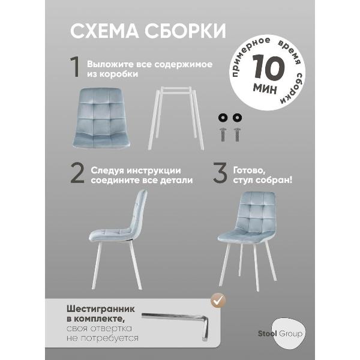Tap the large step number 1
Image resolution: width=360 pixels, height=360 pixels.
[76, 68]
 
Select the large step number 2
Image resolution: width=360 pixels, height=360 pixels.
[76, 174]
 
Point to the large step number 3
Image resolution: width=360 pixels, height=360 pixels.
[220, 174]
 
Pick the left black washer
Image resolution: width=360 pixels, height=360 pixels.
[224, 117]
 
